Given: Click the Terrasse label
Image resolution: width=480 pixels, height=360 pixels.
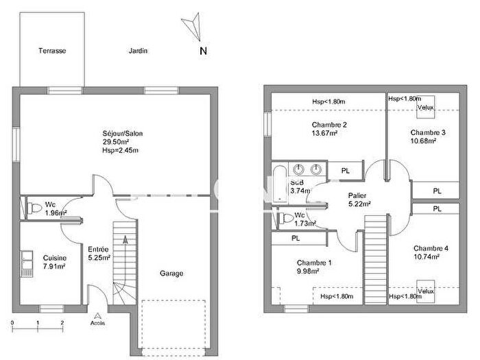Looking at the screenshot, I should click(x=51, y=51).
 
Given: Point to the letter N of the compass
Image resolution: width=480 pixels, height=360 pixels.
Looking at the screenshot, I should click(x=203, y=51).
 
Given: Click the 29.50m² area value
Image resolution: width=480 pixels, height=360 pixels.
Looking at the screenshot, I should click(x=115, y=142).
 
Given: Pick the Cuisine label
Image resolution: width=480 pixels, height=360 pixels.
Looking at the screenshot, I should click(x=54, y=258).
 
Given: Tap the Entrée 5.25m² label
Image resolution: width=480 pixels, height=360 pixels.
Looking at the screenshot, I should click(x=99, y=254).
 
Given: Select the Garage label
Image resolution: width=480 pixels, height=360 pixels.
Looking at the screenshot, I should click(x=171, y=273).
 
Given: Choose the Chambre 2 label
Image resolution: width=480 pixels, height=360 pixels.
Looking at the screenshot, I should click(x=328, y=124).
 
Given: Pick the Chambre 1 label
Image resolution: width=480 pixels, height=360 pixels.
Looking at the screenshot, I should click(x=314, y=263).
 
